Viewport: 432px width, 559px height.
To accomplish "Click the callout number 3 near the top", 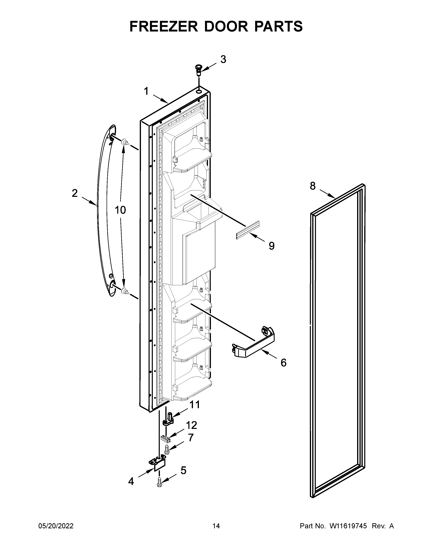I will pyautogui.click(x=223, y=60).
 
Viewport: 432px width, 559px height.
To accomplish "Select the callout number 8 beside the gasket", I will pyautogui.click(x=313, y=186).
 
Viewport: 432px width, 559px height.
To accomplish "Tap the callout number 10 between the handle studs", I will pyautogui.click(x=120, y=210).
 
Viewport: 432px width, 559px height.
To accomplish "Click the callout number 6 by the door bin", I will pyautogui.click(x=283, y=363).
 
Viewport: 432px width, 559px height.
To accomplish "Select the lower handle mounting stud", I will pyautogui.click(x=125, y=291).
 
